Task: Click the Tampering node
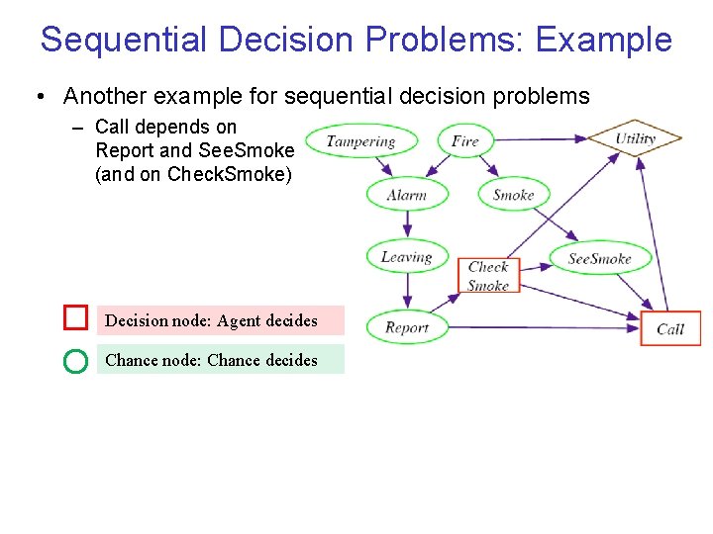point(359,141)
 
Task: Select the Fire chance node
point(464,140)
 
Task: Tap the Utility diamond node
point(635,138)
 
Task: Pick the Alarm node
point(406,195)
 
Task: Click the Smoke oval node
point(513,195)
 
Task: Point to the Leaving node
point(406,257)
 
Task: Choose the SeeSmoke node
point(599,259)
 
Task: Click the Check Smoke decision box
point(488,276)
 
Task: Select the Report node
point(406,327)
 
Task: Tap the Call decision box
point(670,328)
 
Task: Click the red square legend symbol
point(76,317)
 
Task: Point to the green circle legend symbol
point(75,361)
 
